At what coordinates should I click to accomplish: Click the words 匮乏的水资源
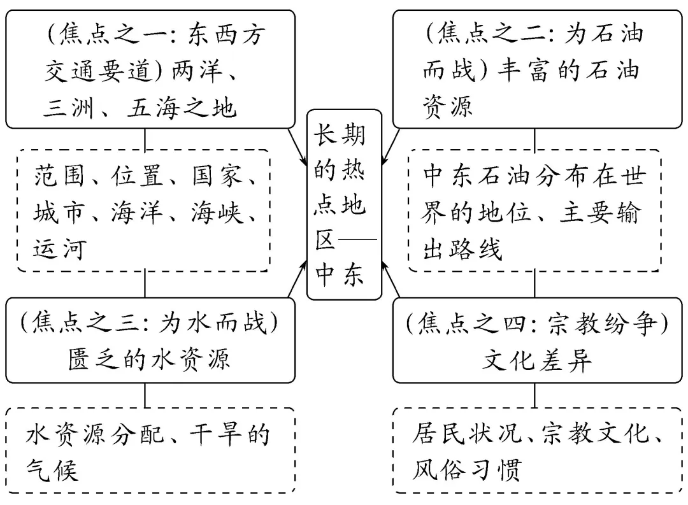(150, 360)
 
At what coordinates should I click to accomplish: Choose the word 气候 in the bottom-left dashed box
(51, 471)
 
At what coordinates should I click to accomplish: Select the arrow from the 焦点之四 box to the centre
(391, 283)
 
